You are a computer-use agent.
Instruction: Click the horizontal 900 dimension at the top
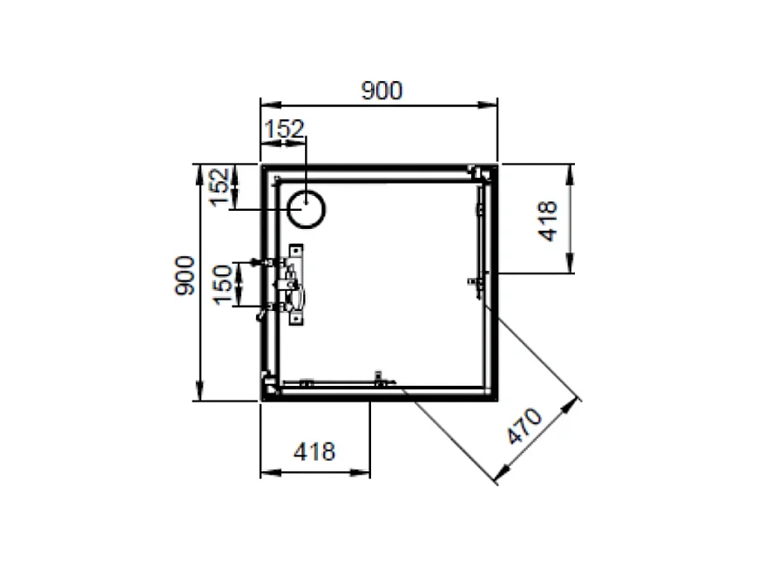(x=380, y=91)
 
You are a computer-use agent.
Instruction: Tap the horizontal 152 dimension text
(x=285, y=129)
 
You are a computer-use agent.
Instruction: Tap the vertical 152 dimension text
(x=220, y=186)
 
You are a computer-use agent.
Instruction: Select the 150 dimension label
(x=224, y=284)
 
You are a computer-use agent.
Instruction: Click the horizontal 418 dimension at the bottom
(x=314, y=451)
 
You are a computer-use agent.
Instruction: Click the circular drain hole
(x=308, y=209)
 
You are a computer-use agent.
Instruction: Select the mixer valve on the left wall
(x=289, y=285)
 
